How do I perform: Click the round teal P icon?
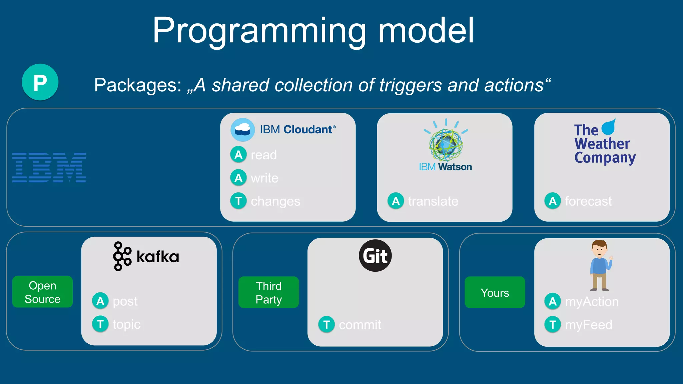(40, 82)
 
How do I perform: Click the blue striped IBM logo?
(49, 167)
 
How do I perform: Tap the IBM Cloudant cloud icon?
(242, 130)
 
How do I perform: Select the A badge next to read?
(238, 155)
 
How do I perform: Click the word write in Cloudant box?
(264, 178)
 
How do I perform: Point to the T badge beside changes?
(238, 201)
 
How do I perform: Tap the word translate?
(433, 201)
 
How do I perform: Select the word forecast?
(588, 201)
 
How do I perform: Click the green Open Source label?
(42, 292)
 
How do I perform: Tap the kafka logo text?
(157, 257)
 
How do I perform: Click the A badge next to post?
(100, 301)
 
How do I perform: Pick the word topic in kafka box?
(126, 324)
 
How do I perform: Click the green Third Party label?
(268, 292)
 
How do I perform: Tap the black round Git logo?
(375, 256)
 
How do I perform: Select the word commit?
(360, 325)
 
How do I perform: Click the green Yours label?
(495, 293)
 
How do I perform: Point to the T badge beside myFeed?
(553, 324)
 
